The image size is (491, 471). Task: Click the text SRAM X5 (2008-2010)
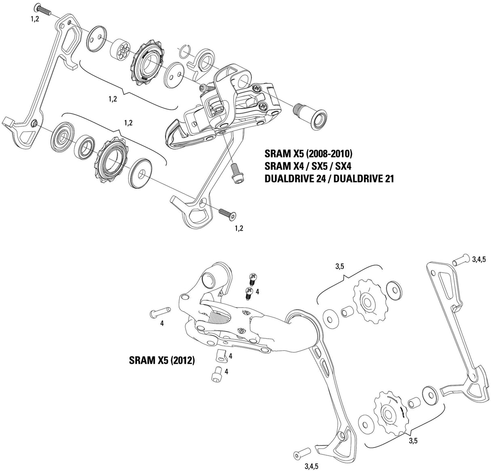click(309, 154)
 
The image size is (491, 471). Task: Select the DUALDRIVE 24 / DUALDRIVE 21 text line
click(329, 178)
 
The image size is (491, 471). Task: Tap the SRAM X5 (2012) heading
click(161, 360)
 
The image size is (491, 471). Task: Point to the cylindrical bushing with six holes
click(120, 49)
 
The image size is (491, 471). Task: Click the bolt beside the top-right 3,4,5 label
click(460, 259)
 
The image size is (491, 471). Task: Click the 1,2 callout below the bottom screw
click(239, 228)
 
